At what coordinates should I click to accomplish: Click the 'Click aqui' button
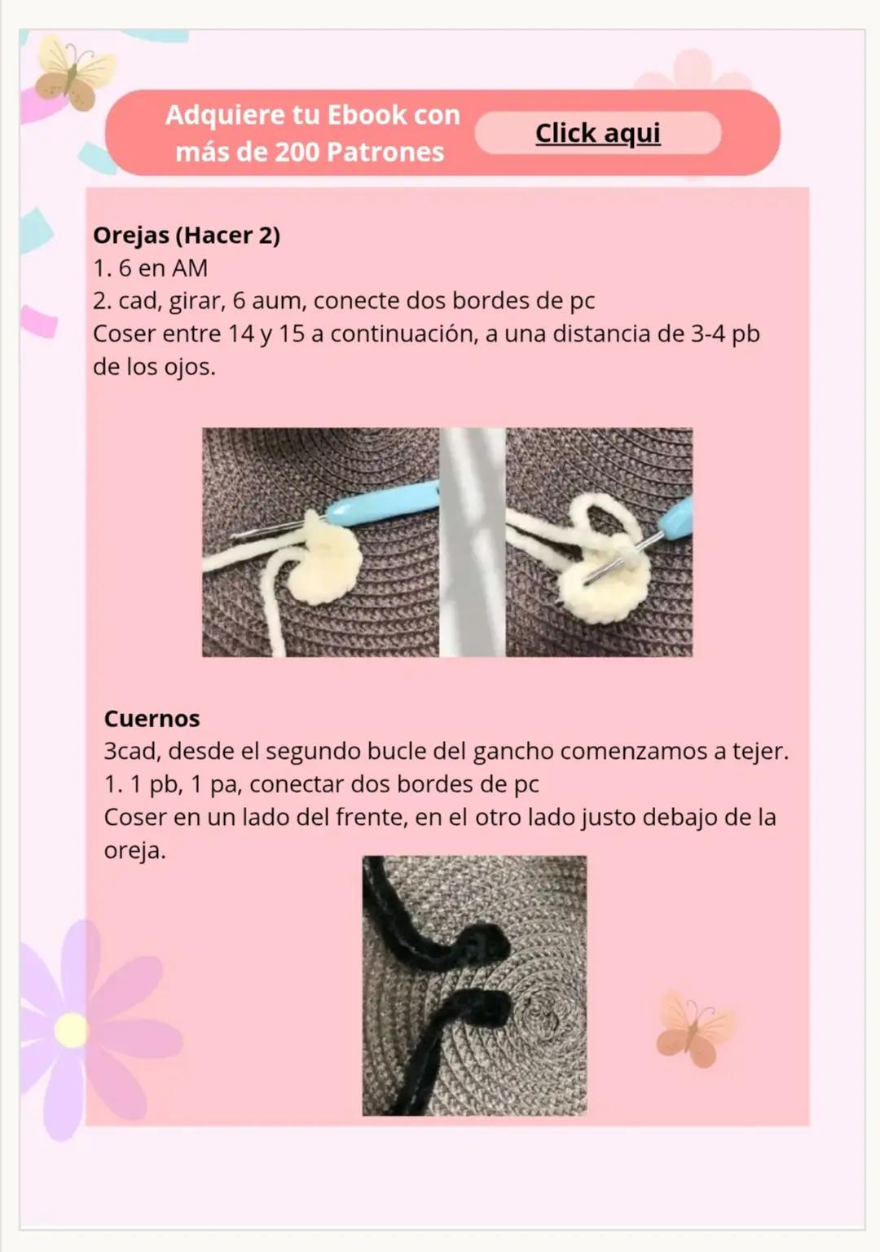(x=597, y=133)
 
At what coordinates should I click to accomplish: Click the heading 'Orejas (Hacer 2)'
(x=187, y=236)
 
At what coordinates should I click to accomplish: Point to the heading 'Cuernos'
(x=152, y=719)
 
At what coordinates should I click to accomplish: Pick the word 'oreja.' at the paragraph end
(x=134, y=851)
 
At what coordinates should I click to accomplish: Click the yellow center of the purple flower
(x=72, y=1030)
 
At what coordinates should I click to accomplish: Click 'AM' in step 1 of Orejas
(x=189, y=268)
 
